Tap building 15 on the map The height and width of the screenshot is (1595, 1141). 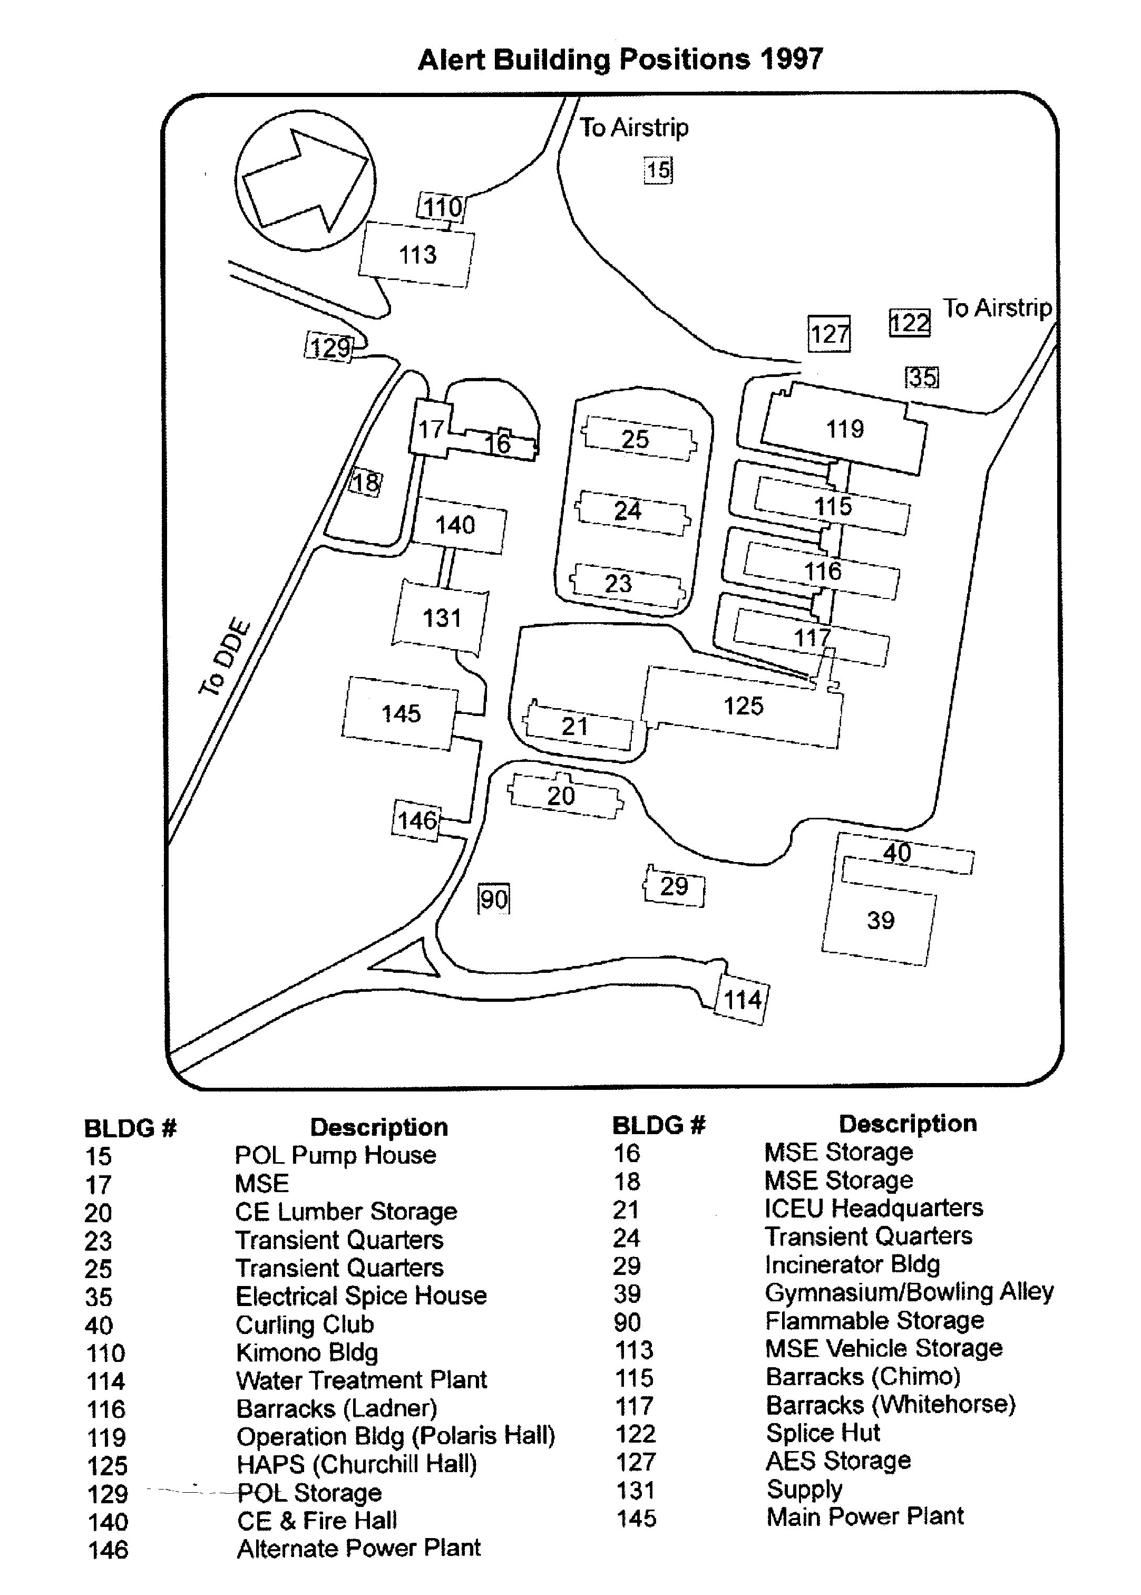point(658,170)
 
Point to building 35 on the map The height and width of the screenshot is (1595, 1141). point(922,378)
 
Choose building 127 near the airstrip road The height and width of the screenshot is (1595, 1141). point(829,333)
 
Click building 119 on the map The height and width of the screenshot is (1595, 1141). point(844,429)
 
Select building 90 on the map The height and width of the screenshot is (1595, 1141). point(493,899)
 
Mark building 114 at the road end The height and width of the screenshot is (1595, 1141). point(742,999)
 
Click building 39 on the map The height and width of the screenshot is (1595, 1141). point(880,921)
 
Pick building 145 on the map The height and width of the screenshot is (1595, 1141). point(401,713)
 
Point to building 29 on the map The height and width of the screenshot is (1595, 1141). point(674,886)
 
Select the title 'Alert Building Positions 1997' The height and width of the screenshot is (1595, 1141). point(620,59)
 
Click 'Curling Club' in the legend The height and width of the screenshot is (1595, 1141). point(304,1325)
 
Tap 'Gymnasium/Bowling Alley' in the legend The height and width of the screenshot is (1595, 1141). point(909,1291)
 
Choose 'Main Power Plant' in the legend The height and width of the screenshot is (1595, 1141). point(865,1516)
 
